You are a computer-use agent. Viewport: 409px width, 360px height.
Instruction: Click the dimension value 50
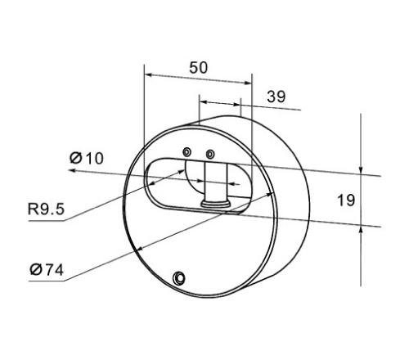[x=198, y=68]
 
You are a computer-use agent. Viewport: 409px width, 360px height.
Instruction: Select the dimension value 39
[x=276, y=97]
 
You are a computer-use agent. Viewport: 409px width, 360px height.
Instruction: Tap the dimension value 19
[x=346, y=200]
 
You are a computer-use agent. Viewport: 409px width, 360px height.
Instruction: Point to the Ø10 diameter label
[x=87, y=158]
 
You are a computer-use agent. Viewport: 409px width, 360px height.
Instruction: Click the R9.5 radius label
[x=46, y=209]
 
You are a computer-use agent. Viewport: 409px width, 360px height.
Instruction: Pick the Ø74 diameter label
[x=47, y=270]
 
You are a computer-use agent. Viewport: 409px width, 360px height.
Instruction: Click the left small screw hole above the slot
[x=187, y=152]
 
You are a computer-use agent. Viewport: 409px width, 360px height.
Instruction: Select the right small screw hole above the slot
[x=210, y=155]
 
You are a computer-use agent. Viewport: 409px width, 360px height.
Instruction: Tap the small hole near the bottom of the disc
[x=179, y=278]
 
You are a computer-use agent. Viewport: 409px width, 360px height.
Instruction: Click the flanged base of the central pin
[x=216, y=204]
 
